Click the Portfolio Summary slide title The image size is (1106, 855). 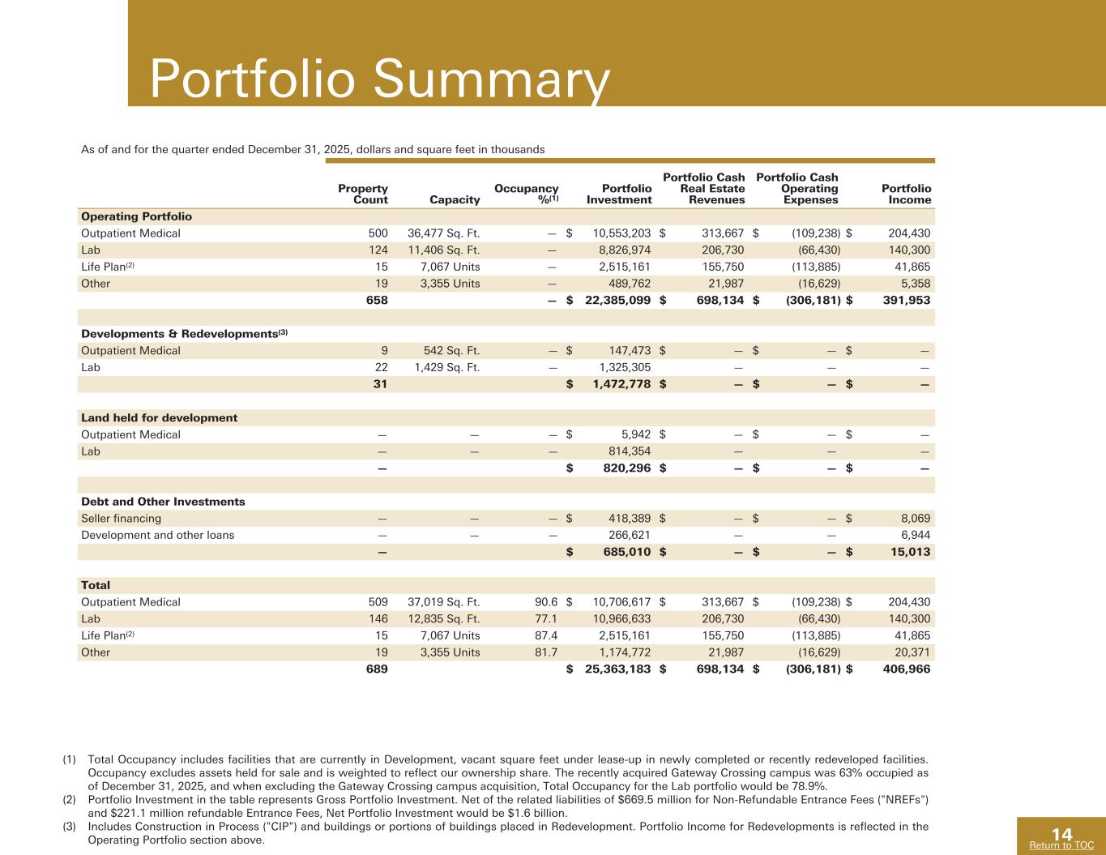tap(379, 80)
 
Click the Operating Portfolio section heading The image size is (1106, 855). tap(136, 216)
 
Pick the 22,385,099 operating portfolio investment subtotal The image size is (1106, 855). tap(618, 300)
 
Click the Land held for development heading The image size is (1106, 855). tap(159, 417)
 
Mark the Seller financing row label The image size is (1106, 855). tap(121, 518)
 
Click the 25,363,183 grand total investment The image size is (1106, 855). tap(618, 669)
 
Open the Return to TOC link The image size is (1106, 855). tap(1061, 845)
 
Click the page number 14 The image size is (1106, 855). tap(1061, 834)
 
